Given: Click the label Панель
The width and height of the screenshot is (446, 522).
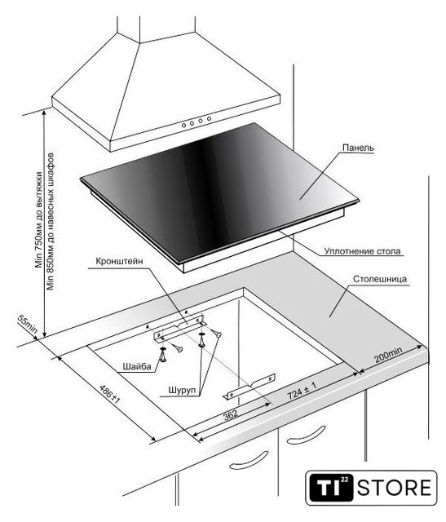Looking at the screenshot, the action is point(358,148).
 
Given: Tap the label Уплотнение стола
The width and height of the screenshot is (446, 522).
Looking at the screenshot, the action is point(363,251).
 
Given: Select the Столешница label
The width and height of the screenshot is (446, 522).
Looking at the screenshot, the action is point(380,279).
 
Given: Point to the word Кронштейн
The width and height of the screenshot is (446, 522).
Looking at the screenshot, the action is point(119,261).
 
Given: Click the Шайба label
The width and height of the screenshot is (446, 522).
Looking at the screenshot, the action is point(137,366).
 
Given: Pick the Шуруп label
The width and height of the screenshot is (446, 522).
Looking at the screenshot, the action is point(182,390).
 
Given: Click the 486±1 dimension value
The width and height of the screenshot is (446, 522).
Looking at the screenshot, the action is point(109,395).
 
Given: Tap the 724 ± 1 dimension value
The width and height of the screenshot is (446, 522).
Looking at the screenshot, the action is point(302,390).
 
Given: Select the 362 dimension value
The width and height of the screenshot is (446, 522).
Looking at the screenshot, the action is point(230,414).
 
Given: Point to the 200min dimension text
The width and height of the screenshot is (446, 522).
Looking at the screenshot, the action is point(388,355).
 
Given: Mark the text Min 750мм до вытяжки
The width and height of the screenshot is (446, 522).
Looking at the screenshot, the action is point(39,220).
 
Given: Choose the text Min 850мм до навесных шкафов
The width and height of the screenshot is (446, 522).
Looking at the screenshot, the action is point(51,221).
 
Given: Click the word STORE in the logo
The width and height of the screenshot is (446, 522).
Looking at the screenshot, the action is point(395,488).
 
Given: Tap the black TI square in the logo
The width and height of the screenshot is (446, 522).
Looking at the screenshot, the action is point(331,488).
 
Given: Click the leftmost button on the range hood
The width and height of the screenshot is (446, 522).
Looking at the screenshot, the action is point(183,125).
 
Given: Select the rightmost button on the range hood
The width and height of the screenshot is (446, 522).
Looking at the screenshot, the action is point(209,118).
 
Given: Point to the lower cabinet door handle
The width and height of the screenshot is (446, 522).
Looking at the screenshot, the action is point(249,460).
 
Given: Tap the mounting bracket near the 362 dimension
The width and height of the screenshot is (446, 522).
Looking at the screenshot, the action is point(249,386).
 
